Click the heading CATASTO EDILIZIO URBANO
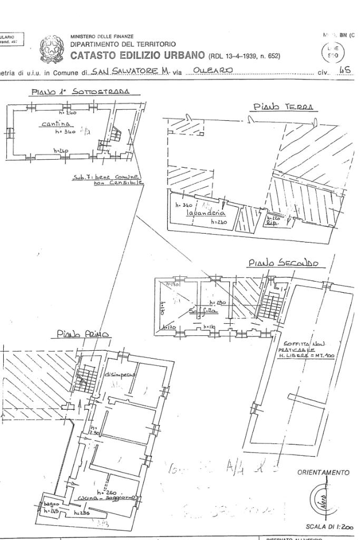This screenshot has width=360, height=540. tap(139, 55)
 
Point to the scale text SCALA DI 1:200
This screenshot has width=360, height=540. tap(329, 527)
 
